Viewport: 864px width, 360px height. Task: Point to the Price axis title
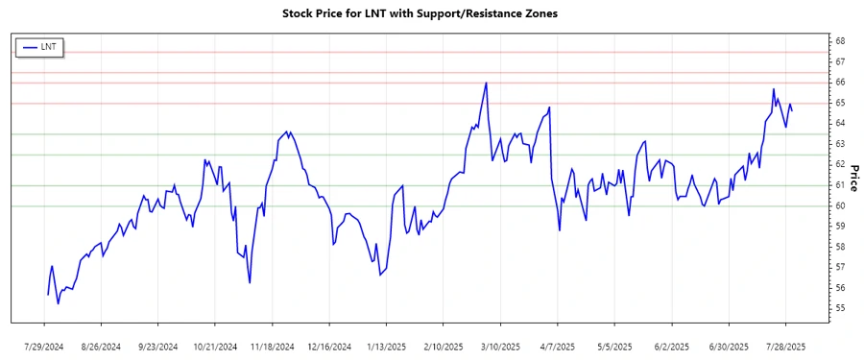852,179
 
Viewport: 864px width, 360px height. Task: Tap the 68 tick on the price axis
839,41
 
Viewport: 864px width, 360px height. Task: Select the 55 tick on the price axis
839,308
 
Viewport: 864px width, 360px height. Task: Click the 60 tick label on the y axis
839,205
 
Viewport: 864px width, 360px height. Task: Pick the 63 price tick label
839,144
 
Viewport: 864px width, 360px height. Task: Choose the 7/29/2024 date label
45,346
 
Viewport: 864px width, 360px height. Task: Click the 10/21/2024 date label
215,346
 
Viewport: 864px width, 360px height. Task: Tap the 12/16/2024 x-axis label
328,346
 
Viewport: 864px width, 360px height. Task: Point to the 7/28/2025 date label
786,346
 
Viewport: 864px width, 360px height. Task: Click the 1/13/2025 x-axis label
386,346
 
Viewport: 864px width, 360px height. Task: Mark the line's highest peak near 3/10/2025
487,83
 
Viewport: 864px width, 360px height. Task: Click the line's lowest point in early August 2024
58,303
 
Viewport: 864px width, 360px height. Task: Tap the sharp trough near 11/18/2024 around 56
250,282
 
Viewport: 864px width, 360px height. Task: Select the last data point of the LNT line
792,110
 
